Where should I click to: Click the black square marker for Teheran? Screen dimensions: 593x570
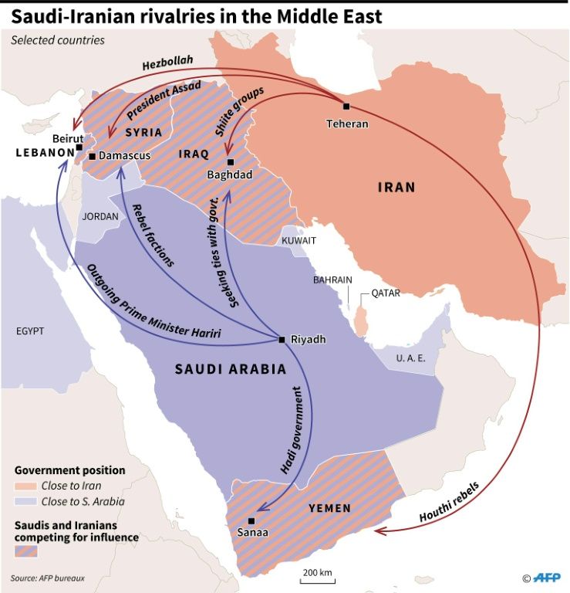click(x=346, y=107)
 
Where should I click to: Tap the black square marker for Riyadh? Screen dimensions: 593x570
click(x=282, y=339)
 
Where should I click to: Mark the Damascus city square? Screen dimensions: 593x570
click(x=92, y=156)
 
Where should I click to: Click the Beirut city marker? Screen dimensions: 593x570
click(x=79, y=147)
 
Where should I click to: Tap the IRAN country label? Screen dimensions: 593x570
click(x=396, y=187)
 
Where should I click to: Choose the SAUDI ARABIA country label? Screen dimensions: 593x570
click(x=220, y=369)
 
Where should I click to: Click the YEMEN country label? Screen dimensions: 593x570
click(x=329, y=508)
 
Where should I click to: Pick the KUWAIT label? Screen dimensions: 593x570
click(x=298, y=241)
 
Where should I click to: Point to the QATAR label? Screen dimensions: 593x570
click(x=386, y=293)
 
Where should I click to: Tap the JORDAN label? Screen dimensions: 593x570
click(x=100, y=217)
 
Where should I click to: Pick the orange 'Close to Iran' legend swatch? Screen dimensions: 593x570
click(x=26, y=486)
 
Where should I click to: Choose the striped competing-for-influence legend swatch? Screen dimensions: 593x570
click(x=26, y=551)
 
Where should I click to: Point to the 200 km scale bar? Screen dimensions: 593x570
click(x=317, y=578)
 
